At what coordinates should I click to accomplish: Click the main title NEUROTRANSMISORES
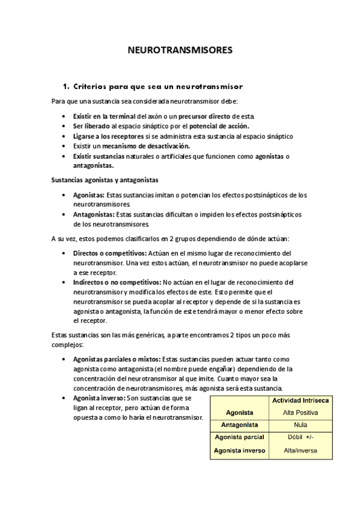point(180,51)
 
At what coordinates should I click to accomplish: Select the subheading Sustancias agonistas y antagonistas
point(105,179)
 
